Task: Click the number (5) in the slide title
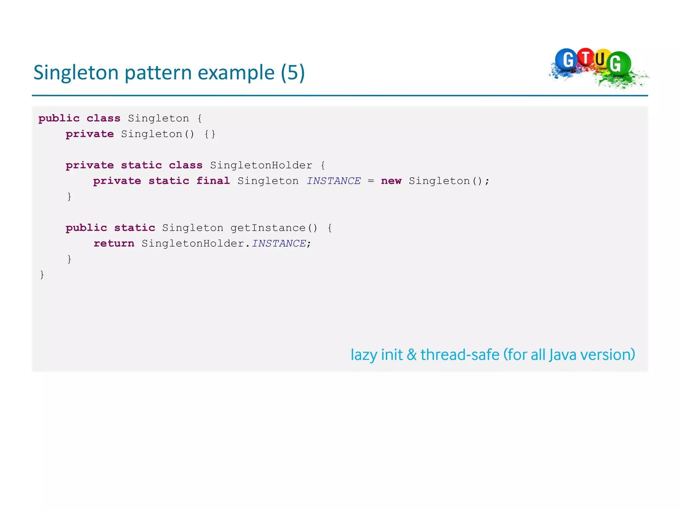(x=293, y=73)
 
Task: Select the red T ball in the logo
(x=586, y=57)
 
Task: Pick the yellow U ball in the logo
(x=601, y=59)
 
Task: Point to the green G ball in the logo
(x=618, y=63)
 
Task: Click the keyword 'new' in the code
(x=391, y=181)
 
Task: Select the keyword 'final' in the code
(x=213, y=181)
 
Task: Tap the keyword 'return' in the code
(x=114, y=243)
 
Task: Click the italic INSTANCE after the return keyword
(x=279, y=243)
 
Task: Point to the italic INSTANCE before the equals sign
(x=333, y=181)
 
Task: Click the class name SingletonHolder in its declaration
(x=261, y=165)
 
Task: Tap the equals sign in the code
(x=371, y=181)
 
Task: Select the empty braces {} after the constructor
(x=210, y=134)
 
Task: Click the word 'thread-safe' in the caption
(x=460, y=355)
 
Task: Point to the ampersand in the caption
(x=412, y=355)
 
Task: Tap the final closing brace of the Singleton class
(x=42, y=275)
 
